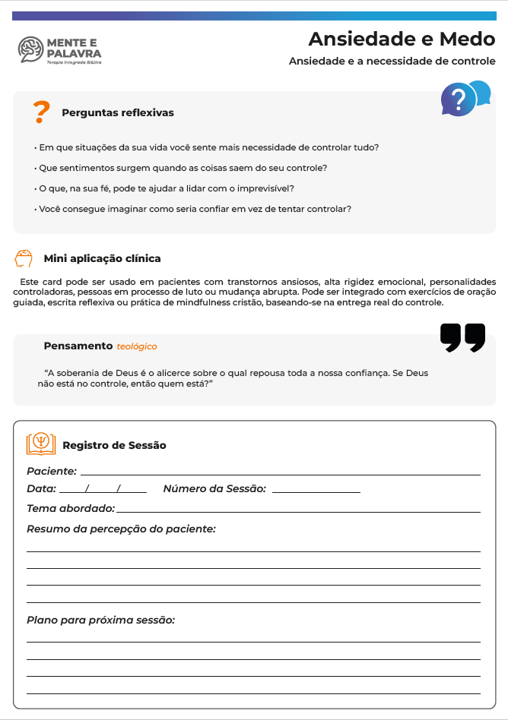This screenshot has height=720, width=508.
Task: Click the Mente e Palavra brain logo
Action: click(31, 49)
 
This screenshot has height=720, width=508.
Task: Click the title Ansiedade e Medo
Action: click(402, 39)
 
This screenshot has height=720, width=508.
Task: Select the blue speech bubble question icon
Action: click(464, 98)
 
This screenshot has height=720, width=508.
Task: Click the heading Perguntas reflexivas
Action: click(118, 113)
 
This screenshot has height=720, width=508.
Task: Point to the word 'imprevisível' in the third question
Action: click(267, 188)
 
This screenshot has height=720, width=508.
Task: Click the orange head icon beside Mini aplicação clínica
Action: click(24, 258)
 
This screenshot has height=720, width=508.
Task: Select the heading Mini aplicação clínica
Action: click(102, 259)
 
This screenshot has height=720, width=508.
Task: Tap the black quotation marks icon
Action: click(462, 338)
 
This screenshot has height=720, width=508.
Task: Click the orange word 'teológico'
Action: click(137, 346)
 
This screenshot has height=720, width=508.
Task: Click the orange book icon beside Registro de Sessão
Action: click(41, 444)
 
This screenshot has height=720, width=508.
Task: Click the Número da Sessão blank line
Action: click(316, 491)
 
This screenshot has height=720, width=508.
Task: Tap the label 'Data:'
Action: click(41, 488)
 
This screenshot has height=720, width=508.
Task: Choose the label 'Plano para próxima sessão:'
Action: click(101, 620)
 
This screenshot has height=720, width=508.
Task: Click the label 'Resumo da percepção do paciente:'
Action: click(121, 529)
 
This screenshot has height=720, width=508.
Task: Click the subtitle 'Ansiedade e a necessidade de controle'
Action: click(392, 62)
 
